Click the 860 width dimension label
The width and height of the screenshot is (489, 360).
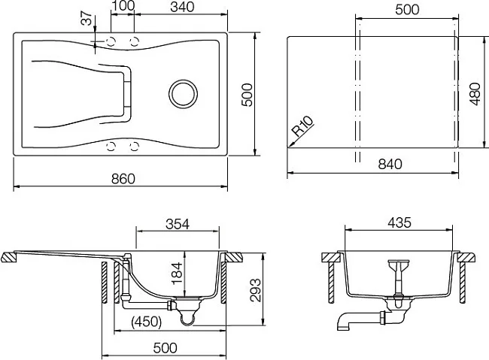[x=123, y=179]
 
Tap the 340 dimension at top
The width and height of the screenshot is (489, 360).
[x=182, y=7]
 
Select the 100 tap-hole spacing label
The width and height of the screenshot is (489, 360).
[x=123, y=5]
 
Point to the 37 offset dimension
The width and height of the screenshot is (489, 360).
[x=87, y=18]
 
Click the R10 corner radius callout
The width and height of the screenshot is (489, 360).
[x=302, y=127]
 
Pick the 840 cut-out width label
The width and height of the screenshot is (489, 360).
[x=390, y=164]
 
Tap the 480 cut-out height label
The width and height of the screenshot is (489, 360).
[x=475, y=94]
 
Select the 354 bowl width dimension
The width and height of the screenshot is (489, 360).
[x=178, y=224]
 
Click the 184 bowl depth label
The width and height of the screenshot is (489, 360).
[x=177, y=274]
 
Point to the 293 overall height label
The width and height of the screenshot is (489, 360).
[x=256, y=290]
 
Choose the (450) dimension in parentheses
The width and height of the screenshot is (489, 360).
[x=146, y=322]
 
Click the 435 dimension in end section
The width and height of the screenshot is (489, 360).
[x=399, y=222]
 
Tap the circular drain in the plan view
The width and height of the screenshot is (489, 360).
[x=183, y=94]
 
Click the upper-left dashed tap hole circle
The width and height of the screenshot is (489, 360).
[x=111, y=41]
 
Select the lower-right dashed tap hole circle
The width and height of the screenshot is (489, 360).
[x=134, y=146]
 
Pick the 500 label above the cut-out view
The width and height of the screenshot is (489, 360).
[x=407, y=10]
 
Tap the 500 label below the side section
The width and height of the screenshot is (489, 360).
[x=165, y=348]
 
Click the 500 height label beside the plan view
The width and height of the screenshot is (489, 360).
[x=248, y=95]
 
